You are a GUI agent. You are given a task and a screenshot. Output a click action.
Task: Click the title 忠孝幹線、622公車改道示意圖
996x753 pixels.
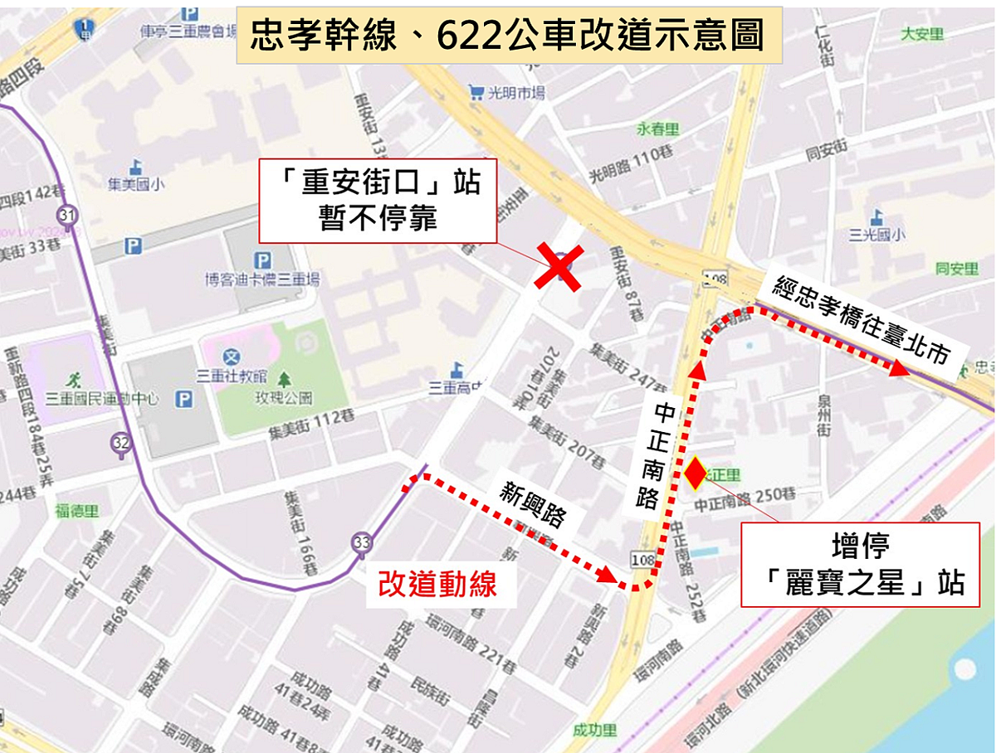509,36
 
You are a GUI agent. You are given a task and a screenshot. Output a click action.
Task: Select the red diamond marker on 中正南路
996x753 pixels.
694,474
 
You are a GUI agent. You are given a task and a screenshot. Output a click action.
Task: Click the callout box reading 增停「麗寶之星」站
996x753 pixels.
859,566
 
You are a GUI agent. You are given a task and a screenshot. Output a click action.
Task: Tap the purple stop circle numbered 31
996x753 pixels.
67,215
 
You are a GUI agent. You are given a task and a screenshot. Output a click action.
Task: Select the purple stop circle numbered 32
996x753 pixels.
121,443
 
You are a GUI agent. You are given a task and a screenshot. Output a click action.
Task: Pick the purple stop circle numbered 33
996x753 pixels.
360,542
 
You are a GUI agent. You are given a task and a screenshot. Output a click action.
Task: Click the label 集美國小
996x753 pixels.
135,184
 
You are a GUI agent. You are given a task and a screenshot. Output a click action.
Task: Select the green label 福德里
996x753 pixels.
77,512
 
